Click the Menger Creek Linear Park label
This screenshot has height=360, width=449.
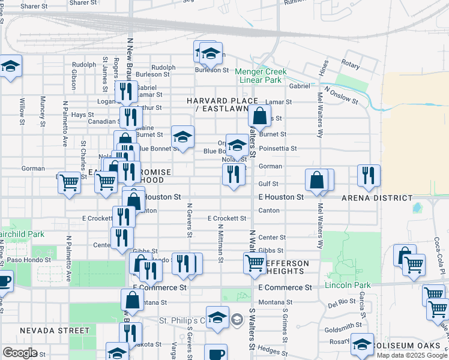[261, 76]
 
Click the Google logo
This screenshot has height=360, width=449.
[20, 353]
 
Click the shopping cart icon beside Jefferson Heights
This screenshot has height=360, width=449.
[255, 263]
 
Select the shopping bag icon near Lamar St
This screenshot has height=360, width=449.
[259, 116]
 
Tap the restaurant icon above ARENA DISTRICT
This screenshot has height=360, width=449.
[369, 175]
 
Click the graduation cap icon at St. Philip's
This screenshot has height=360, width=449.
[217, 317]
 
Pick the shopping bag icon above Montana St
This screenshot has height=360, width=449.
[132, 299]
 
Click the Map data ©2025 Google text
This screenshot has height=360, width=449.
[412, 355]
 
